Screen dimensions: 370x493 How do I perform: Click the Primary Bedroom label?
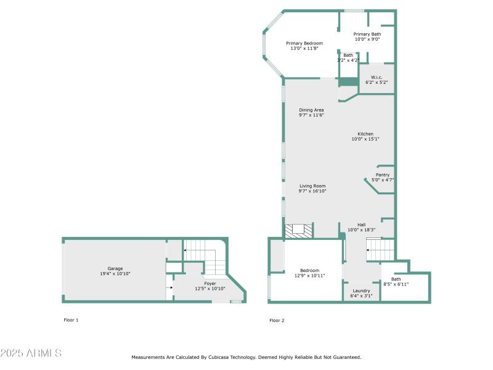pyautogui.click(x=304, y=43)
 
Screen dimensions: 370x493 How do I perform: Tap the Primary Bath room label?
pyautogui.click(x=367, y=35)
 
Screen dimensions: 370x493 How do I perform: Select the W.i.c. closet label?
pyautogui.click(x=376, y=77)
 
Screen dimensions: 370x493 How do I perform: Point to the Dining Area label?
pyautogui.click(x=311, y=110)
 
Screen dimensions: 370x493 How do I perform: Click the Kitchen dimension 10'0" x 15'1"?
pyautogui.click(x=365, y=139)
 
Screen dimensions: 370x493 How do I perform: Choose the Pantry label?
pyautogui.click(x=383, y=175)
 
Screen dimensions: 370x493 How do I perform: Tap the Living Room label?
pyautogui.click(x=312, y=186)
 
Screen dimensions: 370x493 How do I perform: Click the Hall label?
pyautogui.click(x=361, y=224)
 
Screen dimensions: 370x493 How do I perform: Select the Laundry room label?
pyautogui.click(x=361, y=290)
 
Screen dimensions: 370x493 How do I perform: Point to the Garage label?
pyautogui.click(x=115, y=268)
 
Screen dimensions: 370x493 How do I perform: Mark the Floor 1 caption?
pyautogui.click(x=71, y=320)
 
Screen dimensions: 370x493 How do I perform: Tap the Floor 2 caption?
pyautogui.click(x=277, y=320)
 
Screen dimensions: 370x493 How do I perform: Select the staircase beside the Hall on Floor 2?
pyautogui.click(x=380, y=250)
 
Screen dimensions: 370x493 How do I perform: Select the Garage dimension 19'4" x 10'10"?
pyautogui.click(x=115, y=274)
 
